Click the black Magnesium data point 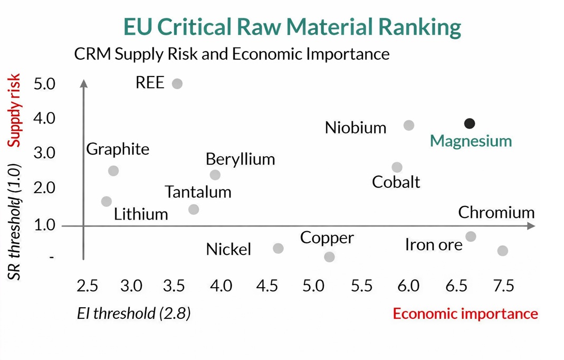click(x=469, y=124)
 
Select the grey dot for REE click(x=177, y=83)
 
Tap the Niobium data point click(x=408, y=125)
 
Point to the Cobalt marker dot click(x=397, y=167)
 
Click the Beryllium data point click(x=215, y=175)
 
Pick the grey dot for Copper click(x=329, y=257)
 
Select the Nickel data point click(x=278, y=248)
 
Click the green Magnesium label click(x=471, y=141)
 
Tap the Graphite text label click(x=118, y=149)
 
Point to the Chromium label click(x=496, y=213)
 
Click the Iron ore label click(x=433, y=244)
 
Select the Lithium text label click(x=141, y=214)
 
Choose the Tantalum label click(x=198, y=192)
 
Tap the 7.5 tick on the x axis click(x=503, y=286)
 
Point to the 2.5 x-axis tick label click(x=87, y=286)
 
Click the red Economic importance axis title click(x=465, y=314)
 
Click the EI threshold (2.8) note click(x=133, y=314)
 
